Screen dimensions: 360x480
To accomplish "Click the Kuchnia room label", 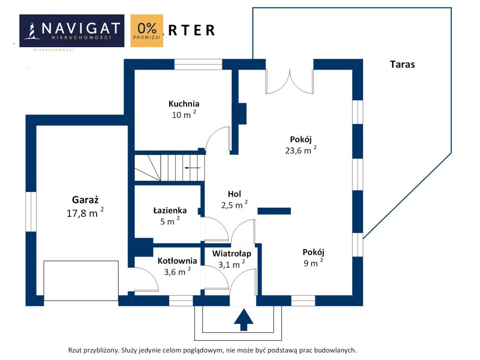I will pyautogui.click(x=184, y=104).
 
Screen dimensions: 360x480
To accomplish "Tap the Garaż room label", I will pyautogui.click(x=85, y=199).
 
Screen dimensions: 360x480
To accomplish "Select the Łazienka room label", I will pyautogui.click(x=170, y=210).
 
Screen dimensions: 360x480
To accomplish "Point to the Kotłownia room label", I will pyautogui.click(x=177, y=261).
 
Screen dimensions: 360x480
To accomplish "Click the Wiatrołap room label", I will pyautogui.click(x=232, y=253).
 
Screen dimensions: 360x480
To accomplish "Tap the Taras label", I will pyautogui.click(x=402, y=64).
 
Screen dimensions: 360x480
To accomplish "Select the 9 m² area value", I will pyautogui.click(x=313, y=263).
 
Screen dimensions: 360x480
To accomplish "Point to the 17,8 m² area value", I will pyautogui.click(x=85, y=213).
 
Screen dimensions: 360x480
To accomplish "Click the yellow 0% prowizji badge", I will pyautogui.click(x=147, y=31).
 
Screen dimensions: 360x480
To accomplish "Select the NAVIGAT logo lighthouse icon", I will pyautogui.click(x=31, y=31).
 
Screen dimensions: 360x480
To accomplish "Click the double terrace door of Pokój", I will pyautogui.click(x=289, y=82).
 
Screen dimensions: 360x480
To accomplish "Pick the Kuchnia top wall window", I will pyautogui.click(x=198, y=64).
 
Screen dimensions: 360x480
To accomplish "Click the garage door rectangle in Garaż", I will pyautogui.click(x=81, y=281).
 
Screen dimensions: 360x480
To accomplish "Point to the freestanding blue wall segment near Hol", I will pyautogui.click(x=274, y=211).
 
